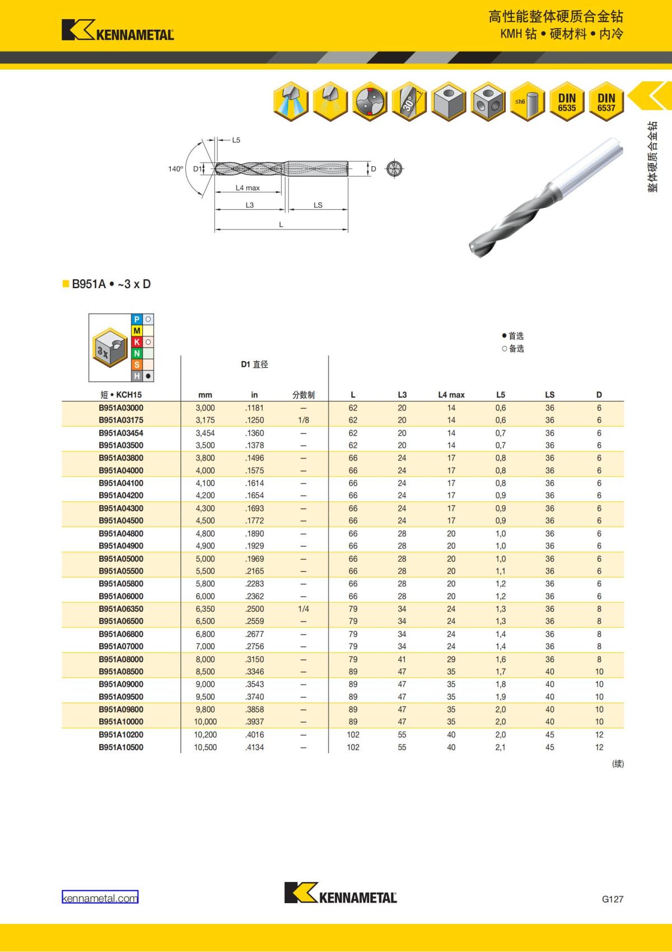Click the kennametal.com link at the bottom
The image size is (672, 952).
coord(100,898)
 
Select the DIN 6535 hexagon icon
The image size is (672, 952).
coord(567,102)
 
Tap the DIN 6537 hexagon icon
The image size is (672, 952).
coord(606,102)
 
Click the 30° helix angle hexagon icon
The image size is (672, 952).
coord(409,102)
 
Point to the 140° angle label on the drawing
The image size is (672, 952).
coord(176,169)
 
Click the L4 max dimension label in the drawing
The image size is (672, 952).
coord(248,187)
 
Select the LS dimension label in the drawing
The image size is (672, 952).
coord(318,205)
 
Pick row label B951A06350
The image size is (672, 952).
coord(121,609)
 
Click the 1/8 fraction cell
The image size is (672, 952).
coord(304,420)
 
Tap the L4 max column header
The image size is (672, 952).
coord(451,395)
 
